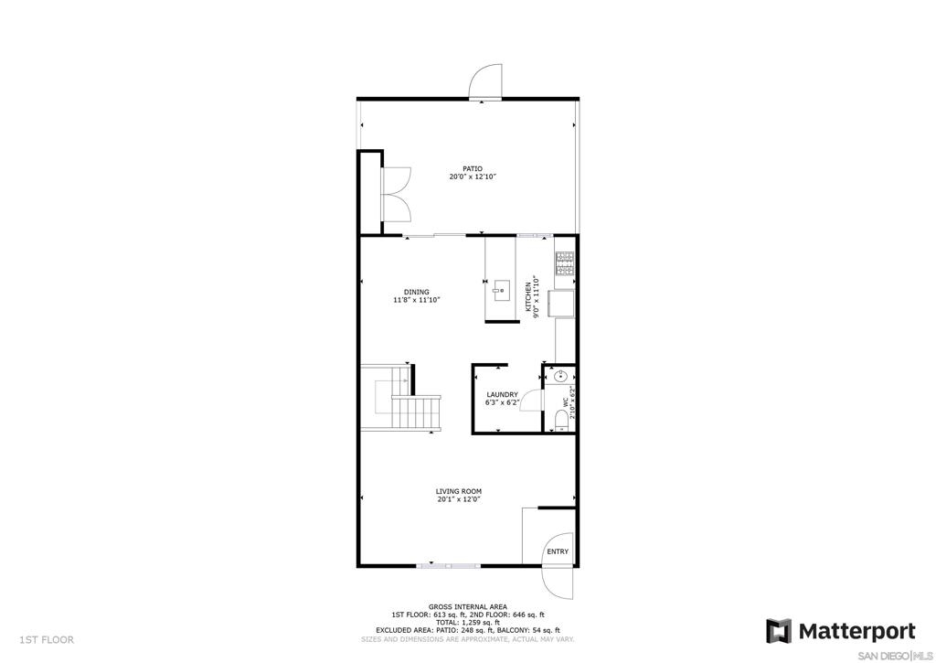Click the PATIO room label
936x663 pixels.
(x=473, y=169)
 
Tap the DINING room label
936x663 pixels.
(x=416, y=292)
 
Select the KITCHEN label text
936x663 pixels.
(x=527, y=297)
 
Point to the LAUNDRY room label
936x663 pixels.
(x=502, y=395)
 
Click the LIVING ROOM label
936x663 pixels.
(x=459, y=492)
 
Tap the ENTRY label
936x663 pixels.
(x=558, y=551)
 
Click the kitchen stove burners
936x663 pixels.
(x=565, y=263)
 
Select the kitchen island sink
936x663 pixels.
(x=500, y=291)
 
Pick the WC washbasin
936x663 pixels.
(x=561, y=376)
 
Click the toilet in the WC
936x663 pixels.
(x=561, y=420)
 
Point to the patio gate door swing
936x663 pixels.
(x=486, y=81)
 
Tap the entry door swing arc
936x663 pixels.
(x=558, y=582)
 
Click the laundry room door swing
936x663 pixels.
(x=531, y=402)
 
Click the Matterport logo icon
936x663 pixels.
(x=779, y=631)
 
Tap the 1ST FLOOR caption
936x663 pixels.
(x=48, y=640)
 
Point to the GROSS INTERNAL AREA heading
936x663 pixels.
(x=467, y=607)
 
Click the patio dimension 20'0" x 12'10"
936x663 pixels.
(x=473, y=176)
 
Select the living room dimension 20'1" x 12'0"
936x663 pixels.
(x=459, y=499)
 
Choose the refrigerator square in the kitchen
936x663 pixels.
(x=562, y=303)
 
